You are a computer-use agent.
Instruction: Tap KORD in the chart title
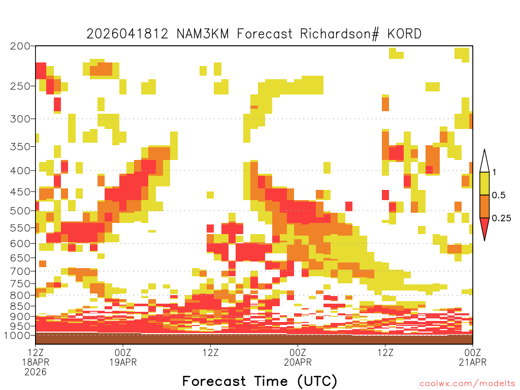[x=404, y=34]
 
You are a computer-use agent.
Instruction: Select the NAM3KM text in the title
[x=203, y=34]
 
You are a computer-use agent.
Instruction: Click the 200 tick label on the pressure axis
[x=20, y=46]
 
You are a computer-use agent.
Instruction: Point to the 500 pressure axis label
[x=20, y=211]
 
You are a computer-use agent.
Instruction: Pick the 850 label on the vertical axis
[x=20, y=306]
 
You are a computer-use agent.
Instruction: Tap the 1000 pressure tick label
[x=17, y=336]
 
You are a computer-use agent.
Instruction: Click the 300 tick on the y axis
[x=20, y=119]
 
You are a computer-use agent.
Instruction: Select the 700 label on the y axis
[x=20, y=271]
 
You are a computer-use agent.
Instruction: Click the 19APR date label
[x=123, y=362]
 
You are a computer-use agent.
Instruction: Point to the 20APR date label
[x=298, y=362]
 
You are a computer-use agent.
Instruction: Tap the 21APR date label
[x=473, y=362]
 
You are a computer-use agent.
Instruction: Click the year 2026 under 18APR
[x=36, y=372]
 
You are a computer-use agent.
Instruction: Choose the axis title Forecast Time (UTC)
[x=259, y=381]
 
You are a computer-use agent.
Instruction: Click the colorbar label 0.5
[x=499, y=195]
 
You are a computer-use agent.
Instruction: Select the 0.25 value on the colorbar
[x=501, y=218]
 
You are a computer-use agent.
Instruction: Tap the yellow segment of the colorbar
[x=484, y=183]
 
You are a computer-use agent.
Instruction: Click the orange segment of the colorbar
[x=484, y=206]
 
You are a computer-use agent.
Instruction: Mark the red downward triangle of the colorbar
[x=484, y=227]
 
